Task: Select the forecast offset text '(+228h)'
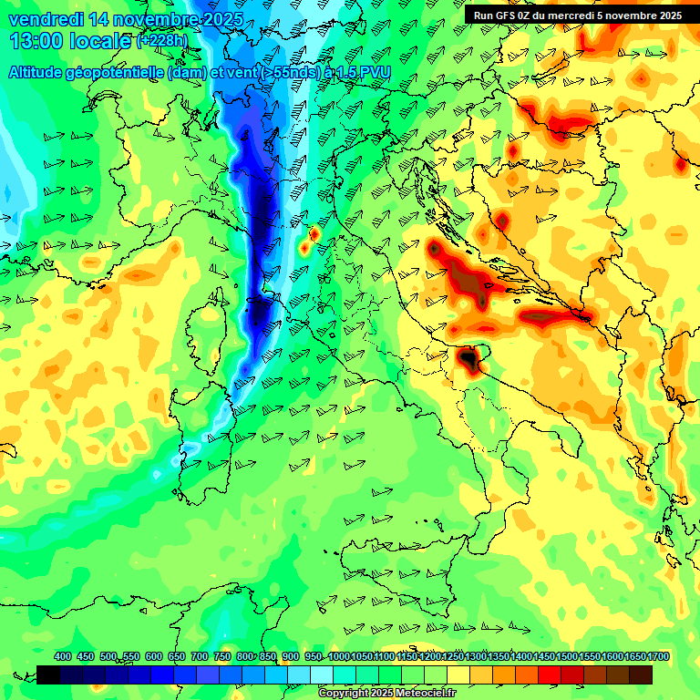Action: [x=161, y=41]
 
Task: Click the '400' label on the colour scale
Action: [x=63, y=657]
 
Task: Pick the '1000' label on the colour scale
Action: [x=338, y=657]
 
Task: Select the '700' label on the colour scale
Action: [x=200, y=657]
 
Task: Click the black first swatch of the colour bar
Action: [x=48, y=674]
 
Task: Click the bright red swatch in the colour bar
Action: [x=550, y=674]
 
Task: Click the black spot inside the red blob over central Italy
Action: [x=469, y=360]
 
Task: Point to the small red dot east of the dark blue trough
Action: [x=314, y=234]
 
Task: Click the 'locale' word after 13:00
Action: [x=101, y=41]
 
